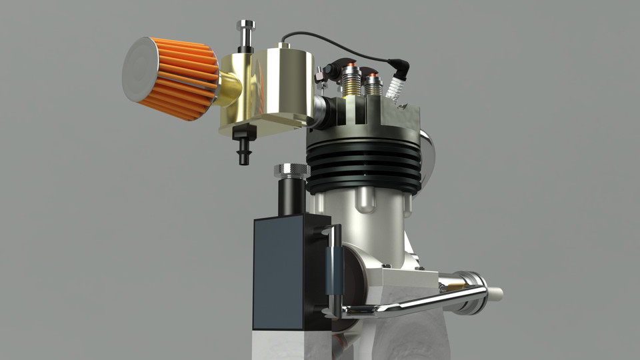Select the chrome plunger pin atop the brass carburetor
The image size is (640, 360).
[245, 33]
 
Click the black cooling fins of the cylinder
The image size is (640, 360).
[363, 167]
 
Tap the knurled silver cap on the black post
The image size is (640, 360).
[291, 171]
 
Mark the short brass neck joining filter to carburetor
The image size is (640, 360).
[229, 90]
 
